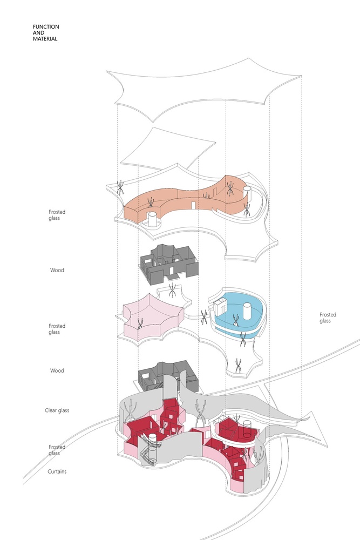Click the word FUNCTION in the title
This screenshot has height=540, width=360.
pyautogui.click(x=46, y=26)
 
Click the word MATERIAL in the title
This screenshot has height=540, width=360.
pyautogui.click(x=45, y=39)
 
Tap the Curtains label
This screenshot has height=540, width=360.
pyautogui.click(x=57, y=471)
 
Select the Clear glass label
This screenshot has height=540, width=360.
pyautogui.click(x=57, y=410)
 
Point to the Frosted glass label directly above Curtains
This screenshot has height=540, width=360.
pyautogui.click(x=57, y=450)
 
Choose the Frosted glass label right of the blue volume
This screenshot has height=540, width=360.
pyautogui.click(x=328, y=318)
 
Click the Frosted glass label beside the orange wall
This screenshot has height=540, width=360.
pyautogui.click(x=57, y=215)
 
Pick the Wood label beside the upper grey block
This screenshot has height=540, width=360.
pyautogui.click(x=57, y=270)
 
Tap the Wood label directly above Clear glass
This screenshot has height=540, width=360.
pyautogui.click(x=57, y=370)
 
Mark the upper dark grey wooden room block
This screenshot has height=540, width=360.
pyautogui.click(x=168, y=264)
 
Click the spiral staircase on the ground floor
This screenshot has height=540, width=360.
pyautogui.click(x=150, y=448)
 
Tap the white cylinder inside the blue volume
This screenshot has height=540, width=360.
pyautogui.click(x=247, y=311)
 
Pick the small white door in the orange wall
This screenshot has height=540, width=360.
pyautogui.click(x=194, y=205)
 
